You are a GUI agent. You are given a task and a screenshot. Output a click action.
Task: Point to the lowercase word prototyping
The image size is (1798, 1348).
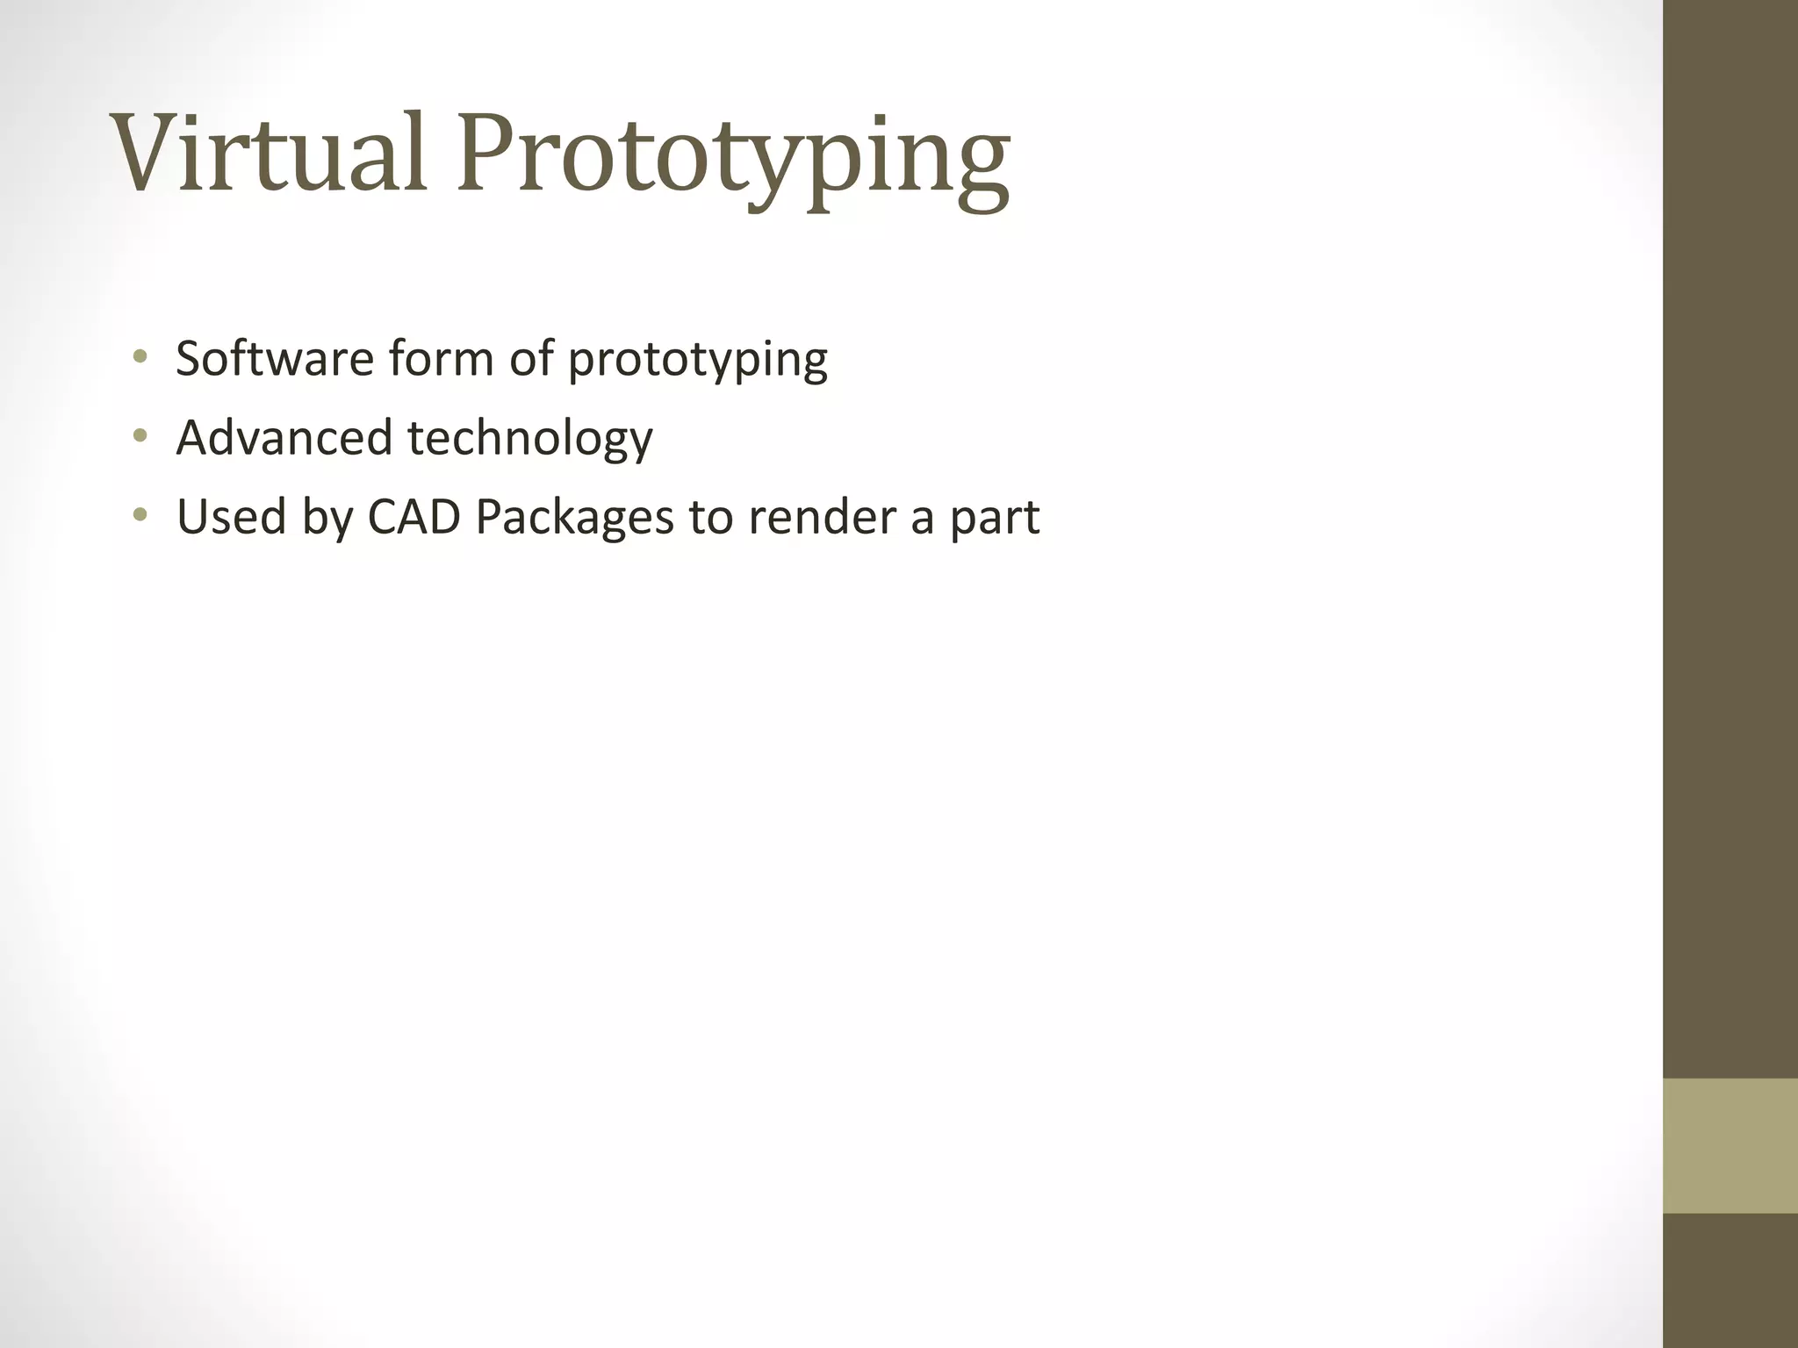[x=697, y=362]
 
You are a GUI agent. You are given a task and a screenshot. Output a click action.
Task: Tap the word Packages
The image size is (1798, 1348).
[x=574, y=518]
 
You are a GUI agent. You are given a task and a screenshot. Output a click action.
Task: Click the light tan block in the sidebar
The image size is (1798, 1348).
[x=1730, y=1145]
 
